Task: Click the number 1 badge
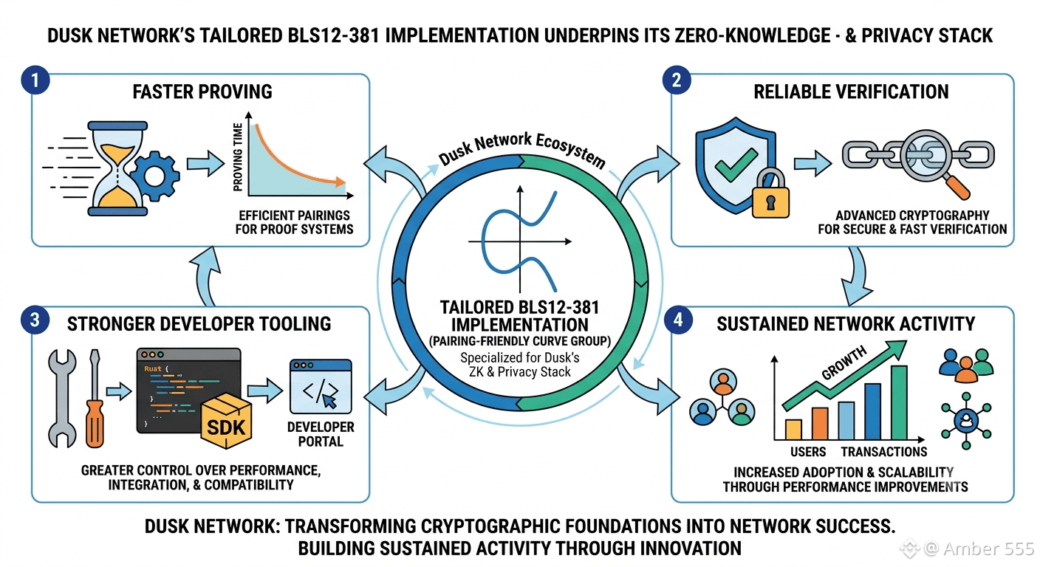coord(35,80)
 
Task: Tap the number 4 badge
coord(678,320)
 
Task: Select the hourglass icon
coord(117,169)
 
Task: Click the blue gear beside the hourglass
coord(155,176)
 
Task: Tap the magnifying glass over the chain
coord(933,162)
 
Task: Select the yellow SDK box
coord(226,421)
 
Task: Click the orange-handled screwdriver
coord(95,398)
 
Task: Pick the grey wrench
coord(62,398)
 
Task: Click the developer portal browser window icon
coord(321,386)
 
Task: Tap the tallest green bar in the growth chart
coord(899,402)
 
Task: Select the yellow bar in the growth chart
coord(793,429)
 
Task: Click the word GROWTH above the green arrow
coord(844,362)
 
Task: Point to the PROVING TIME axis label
coord(238,157)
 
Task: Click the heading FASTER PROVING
coord(202,92)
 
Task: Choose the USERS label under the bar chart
coord(808,452)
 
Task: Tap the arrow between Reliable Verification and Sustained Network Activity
coord(857,275)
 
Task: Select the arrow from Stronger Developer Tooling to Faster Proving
coord(205,276)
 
